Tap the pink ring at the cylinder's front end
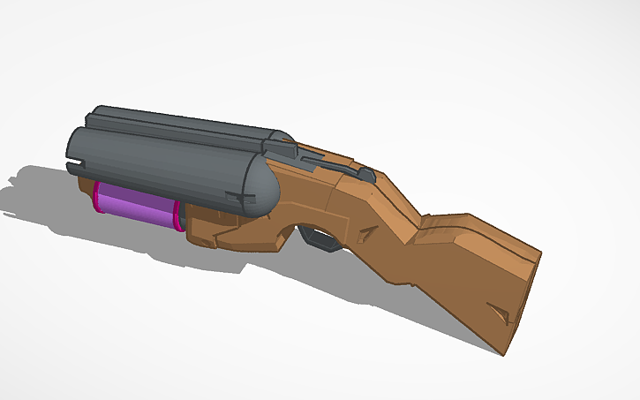point(95,196)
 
